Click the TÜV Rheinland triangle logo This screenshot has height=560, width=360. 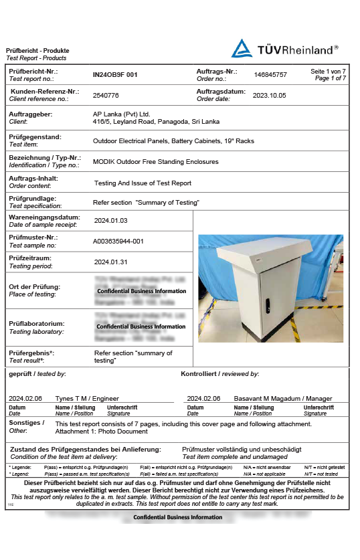pyautogui.click(x=242, y=48)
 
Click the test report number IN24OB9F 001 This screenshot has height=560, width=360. pyautogui.click(x=115, y=75)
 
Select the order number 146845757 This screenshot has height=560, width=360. pyautogui.click(x=271, y=75)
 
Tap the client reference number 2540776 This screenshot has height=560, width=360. pyautogui.click(x=106, y=96)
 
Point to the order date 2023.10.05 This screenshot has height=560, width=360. pyautogui.click(x=269, y=96)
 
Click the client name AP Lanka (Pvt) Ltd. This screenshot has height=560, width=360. pyautogui.click(x=121, y=114)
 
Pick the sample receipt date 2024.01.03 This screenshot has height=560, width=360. pyautogui.click(x=110, y=220)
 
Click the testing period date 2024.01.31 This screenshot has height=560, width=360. pyautogui.click(x=110, y=262)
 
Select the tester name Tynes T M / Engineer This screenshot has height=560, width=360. pyautogui.click(x=86, y=398)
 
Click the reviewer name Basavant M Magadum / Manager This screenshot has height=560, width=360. pyautogui.click(x=282, y=398)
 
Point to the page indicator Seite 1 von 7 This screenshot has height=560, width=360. pyautogui.click(x=328, y=71)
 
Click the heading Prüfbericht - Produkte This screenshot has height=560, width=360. pyautogui.click(x=37, y=51)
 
